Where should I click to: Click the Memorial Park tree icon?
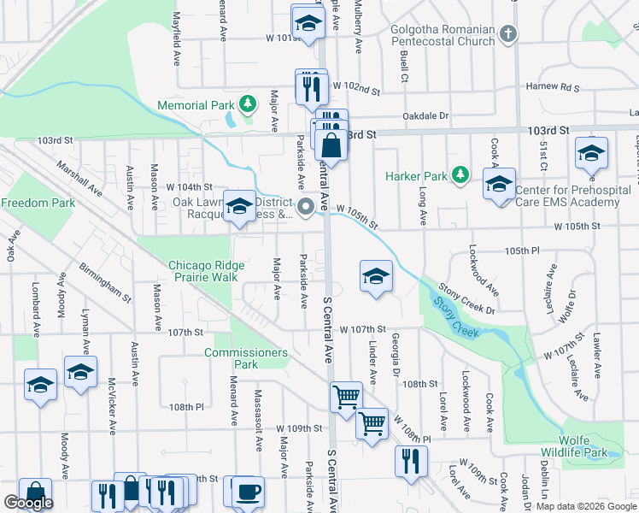coord(247,104)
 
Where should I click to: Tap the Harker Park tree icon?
coord(460,174)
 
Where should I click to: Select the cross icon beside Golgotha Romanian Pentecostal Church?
coord(508,34)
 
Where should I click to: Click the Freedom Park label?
coord(38,203)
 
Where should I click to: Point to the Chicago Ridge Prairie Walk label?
coord(200,270)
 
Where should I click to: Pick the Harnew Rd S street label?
coord(552,87)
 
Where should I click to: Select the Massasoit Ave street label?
coord(257,408)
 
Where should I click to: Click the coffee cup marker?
coord(248,491)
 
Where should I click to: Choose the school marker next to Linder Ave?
coord(375,276)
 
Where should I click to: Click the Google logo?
coord(28,502)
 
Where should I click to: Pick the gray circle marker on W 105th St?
coord(306,207)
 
